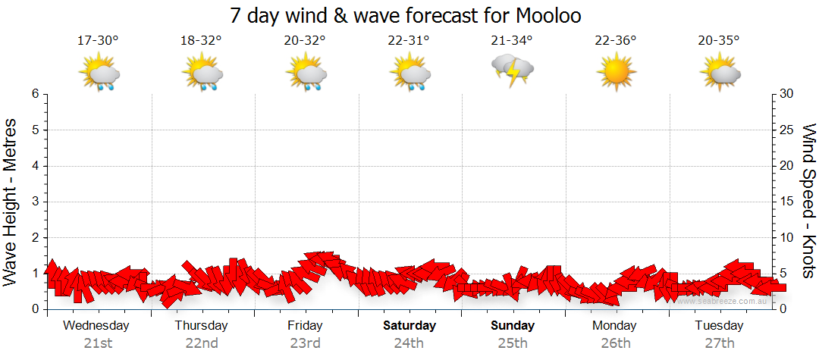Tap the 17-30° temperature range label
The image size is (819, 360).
click(98, 41)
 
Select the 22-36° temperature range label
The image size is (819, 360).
click(615, 41)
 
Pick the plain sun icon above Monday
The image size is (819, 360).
click(615, 74)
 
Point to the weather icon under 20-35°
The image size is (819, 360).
click(719, 74)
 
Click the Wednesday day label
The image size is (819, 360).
click(96, 326)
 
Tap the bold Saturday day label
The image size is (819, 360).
click(409, 326)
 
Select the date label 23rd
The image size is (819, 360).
click(305, 343)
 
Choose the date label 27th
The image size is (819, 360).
click(719, 343)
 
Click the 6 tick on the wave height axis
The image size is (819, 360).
click(34, 94)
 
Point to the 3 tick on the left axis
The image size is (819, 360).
click(34, 202)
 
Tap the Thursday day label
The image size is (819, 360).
click(201, 326)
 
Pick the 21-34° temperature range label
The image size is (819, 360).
click(512, 41)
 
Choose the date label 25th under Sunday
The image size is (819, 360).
click(512, 343)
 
